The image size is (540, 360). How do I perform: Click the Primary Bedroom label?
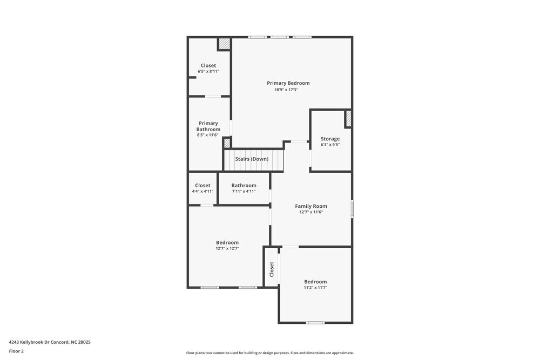(288, 83)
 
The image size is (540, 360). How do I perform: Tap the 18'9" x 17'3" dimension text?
(286, 90)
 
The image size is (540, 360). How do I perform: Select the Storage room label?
(330, 139)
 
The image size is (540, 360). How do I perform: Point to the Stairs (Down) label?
(252, 159)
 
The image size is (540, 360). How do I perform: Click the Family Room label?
(311, 206)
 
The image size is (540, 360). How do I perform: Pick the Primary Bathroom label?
(208, 126)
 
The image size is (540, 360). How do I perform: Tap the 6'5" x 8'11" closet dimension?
(208, 71)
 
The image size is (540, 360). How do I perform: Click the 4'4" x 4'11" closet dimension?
(202, 191)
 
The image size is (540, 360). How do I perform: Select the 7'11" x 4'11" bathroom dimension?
(244, 191)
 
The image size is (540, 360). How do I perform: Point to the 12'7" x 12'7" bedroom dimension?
(227, 248)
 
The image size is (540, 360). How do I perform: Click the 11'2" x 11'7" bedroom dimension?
(315, 288)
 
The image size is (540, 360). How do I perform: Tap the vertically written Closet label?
(272, 269)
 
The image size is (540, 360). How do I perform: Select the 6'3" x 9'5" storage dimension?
(330, 145)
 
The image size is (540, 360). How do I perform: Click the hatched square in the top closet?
(224, 44)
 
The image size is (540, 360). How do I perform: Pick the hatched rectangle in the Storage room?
(348, 118)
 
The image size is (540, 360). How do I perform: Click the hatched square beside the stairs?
(227, 142)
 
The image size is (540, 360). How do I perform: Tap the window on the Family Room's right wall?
(352, 209)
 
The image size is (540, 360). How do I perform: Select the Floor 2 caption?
(16, 351)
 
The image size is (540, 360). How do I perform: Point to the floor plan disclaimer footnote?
(270, 353)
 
